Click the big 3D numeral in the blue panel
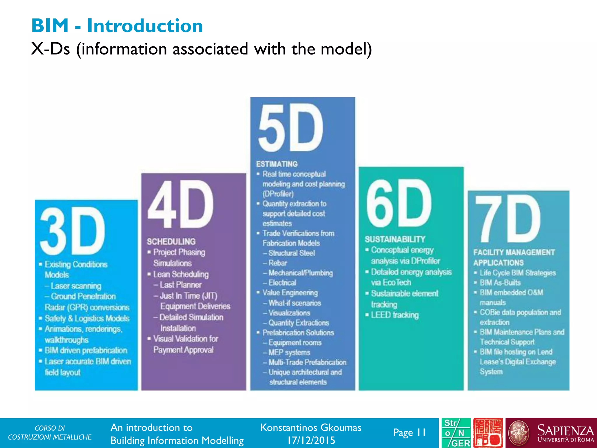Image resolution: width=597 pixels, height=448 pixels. [x=72, y=231]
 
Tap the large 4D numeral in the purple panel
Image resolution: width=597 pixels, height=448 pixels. [x=180, y=204]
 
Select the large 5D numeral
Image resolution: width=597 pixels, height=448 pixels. [x=291, y=127]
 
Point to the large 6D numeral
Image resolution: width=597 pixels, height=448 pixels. [x=398, y=203]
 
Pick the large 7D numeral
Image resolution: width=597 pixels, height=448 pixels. [x=508, y=218]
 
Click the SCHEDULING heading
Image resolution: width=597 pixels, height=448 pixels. [x=171, y=242]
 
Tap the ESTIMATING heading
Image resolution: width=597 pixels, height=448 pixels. [x=277, y=164]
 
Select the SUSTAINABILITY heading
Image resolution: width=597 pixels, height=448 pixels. [x=395, y=239]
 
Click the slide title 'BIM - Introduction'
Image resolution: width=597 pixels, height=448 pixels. [x=117, y=26]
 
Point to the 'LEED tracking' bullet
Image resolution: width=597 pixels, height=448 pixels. [x=394, y=315]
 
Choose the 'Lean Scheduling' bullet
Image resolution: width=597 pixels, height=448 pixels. [x=181, y=274]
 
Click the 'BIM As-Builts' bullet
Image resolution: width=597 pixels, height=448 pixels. [x=500, y=283]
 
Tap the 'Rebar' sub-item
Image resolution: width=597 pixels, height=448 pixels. [x=278, y=263]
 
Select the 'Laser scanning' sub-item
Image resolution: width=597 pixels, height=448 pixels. [x=76, y=286]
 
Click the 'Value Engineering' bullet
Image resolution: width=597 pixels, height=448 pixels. [x=290, y=293]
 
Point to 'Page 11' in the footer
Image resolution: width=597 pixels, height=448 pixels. [x=409, y=433]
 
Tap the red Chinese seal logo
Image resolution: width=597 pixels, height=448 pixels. [x=488, y=433]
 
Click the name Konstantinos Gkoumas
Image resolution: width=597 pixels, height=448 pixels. [x=311, y=428]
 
